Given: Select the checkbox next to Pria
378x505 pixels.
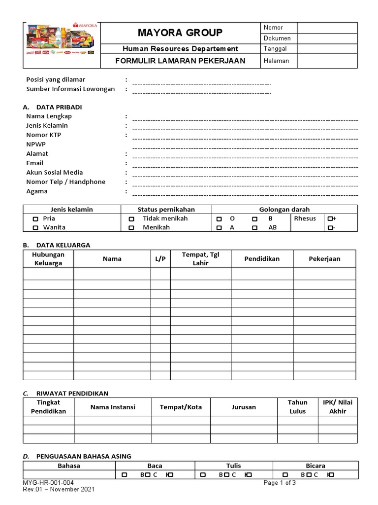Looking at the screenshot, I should (35, 218).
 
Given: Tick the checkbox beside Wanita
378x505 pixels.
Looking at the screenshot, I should (35, 228).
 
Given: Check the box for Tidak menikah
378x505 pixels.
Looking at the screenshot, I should (131, 218).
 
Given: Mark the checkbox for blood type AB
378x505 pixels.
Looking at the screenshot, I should (255, 228).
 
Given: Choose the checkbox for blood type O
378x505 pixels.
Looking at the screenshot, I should (219, 218).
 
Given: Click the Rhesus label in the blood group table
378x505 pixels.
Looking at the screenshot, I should (305, 218).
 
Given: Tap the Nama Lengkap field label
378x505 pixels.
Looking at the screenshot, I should (49, 116).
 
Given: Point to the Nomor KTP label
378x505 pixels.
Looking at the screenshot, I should (44, 135).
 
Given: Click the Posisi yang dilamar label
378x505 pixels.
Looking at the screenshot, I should (56, 79).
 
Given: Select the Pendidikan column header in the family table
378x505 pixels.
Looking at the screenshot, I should (262, 258).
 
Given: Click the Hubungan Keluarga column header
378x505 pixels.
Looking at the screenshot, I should (48, 258).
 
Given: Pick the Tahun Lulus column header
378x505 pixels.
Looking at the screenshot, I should (297, 407).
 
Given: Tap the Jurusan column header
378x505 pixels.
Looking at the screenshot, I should (244, 407).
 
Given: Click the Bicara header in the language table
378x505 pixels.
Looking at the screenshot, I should (315, 466).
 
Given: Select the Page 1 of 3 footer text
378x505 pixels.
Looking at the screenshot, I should (280, 483).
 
